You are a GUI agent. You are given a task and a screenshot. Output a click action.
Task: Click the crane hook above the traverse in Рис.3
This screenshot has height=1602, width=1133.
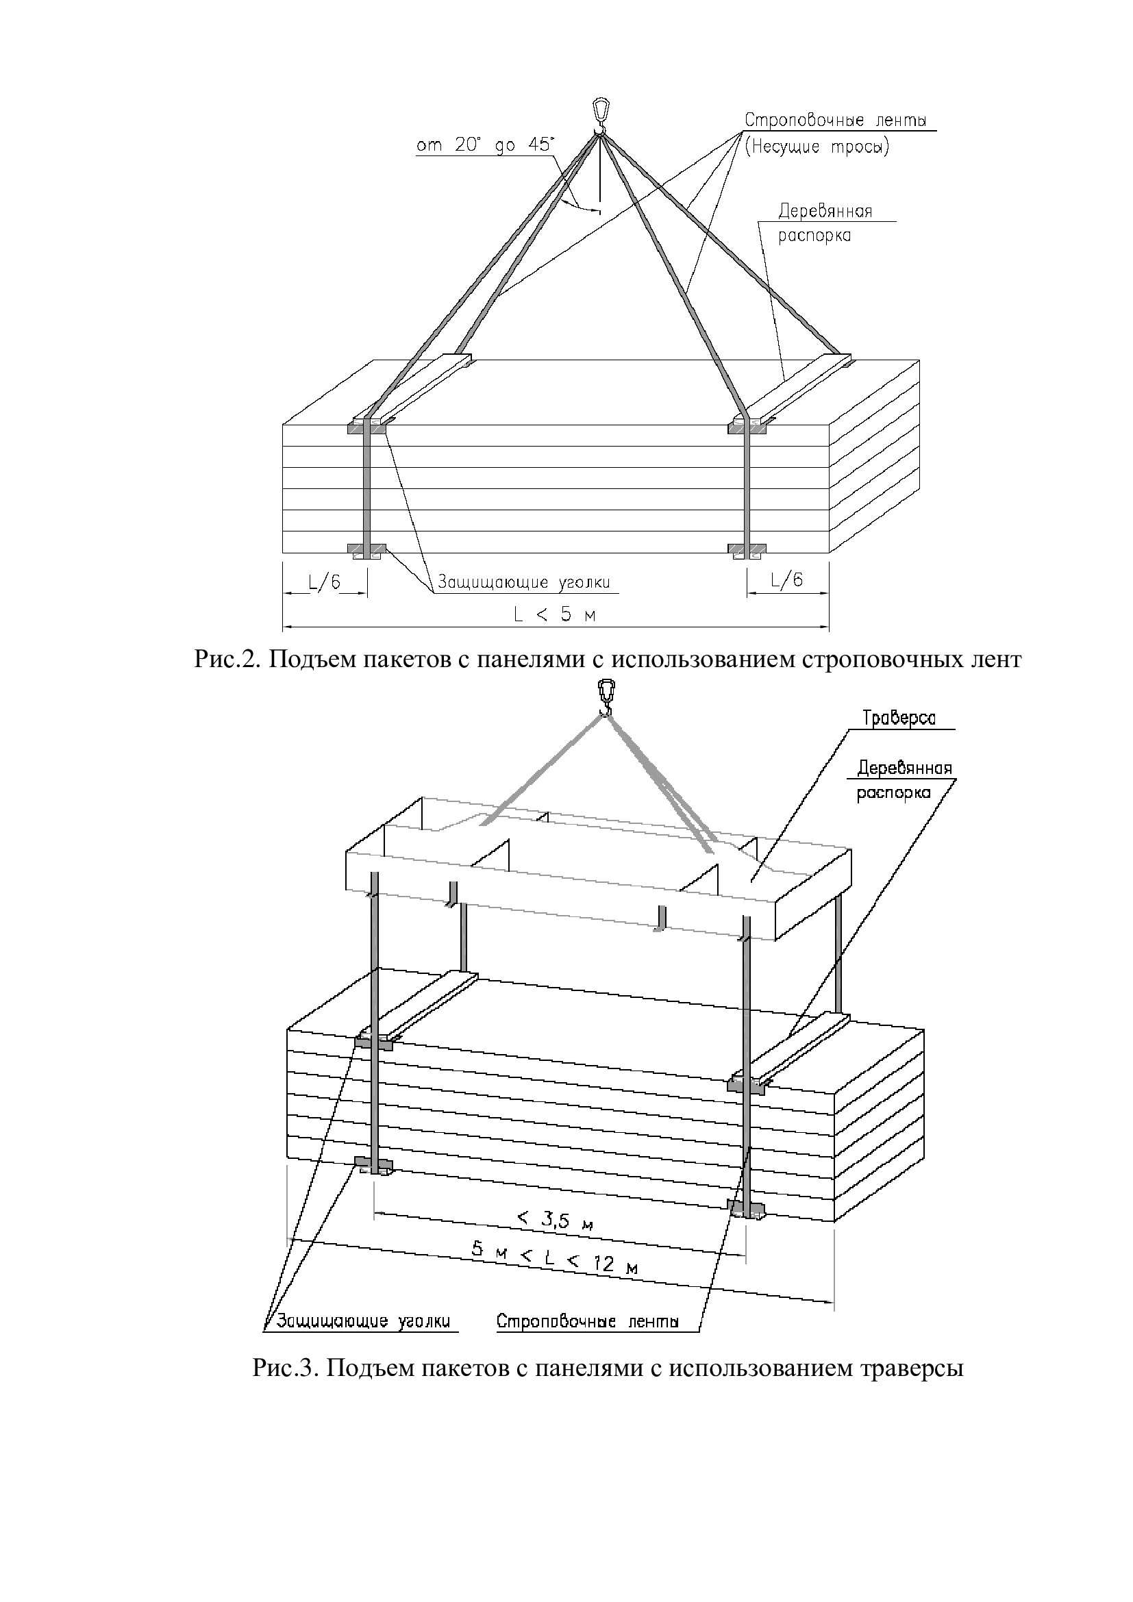607,697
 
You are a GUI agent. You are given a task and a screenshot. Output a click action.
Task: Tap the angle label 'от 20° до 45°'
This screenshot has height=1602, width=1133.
484,146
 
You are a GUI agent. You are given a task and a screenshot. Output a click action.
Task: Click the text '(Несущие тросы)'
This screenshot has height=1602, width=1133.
817,148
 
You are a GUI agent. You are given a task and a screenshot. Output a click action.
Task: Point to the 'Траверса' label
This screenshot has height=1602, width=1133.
899,718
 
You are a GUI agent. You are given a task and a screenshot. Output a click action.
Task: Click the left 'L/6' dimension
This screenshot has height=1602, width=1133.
324,581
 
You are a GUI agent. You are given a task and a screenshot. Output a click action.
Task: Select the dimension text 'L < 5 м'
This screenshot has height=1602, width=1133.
555,614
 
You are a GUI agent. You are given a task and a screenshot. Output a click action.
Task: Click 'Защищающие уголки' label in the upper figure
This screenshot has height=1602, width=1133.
524,582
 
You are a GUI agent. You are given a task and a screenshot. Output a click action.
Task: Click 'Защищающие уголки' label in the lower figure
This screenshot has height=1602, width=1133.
364,1321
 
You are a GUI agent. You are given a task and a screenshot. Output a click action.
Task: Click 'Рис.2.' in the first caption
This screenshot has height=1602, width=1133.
227,660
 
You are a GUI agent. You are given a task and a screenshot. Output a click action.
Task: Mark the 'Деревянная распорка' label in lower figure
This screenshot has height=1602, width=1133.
904,781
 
